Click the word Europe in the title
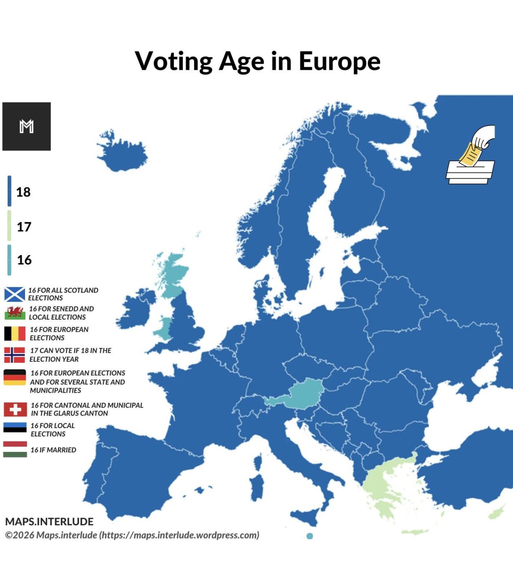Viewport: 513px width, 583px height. click(339, 61)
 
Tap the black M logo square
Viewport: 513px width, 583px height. click(27, 126)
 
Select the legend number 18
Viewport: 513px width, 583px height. click(23, 192)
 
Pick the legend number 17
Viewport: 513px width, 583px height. click(24, 227)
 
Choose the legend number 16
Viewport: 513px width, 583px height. click(24, 260)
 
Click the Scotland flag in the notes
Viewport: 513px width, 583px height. click(15, 294)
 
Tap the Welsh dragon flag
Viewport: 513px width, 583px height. click(15, 313)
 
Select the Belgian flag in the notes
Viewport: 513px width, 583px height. click(15, 334)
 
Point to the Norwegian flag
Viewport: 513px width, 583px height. click(15, 355)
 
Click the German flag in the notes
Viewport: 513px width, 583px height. click(15, 377)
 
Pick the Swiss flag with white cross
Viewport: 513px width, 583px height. click(15, 410)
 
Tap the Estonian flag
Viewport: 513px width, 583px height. click(15, 428)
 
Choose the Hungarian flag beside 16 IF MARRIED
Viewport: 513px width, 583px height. click(15, 449)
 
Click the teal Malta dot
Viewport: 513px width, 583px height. click(310, 536)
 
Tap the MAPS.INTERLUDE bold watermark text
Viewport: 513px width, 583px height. click(49, 522)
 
